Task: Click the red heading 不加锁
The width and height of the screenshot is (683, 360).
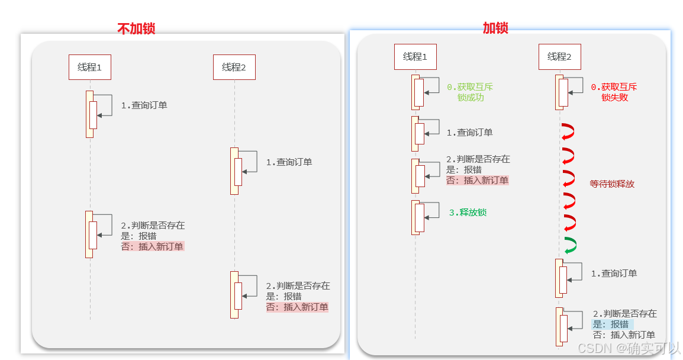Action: click(136, 28)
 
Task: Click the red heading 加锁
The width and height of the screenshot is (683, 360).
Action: click(495, 27)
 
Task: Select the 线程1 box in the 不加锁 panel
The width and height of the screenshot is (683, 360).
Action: click(90, 67)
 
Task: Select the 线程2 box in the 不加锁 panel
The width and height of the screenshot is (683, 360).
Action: click(234, 67)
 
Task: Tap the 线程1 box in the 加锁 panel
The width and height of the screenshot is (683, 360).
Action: click(415, 57)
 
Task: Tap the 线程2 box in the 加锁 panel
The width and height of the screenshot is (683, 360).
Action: click(559, 57)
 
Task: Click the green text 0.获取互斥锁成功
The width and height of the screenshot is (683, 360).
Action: click(470, 92)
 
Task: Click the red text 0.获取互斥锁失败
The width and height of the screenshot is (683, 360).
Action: click(614, 92)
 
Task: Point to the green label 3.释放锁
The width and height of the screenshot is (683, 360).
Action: click(468, 213)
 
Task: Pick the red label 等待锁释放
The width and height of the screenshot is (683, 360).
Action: click(612, 184)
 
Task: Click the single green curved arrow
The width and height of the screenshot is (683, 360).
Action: click(570, 246)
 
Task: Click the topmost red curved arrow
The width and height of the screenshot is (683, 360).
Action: click(568, 131)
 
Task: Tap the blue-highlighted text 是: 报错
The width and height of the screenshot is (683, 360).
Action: click(611, 324)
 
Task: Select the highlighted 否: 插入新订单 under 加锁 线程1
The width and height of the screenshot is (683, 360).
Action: click(477, 181)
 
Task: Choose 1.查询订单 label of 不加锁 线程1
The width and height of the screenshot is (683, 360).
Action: click(144, 105)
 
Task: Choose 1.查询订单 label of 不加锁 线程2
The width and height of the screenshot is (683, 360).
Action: click(289, 162)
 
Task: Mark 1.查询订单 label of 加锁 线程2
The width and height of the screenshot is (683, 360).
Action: click(614, 274)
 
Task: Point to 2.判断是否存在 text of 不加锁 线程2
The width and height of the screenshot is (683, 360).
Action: click(298, 286)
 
